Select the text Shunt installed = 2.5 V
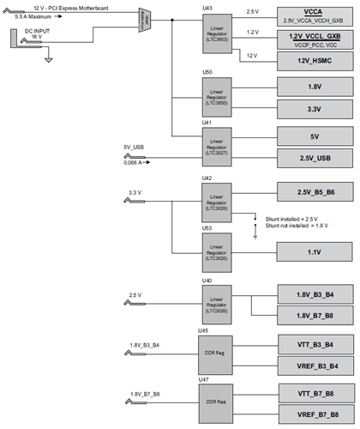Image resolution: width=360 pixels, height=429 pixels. point(291,218)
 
